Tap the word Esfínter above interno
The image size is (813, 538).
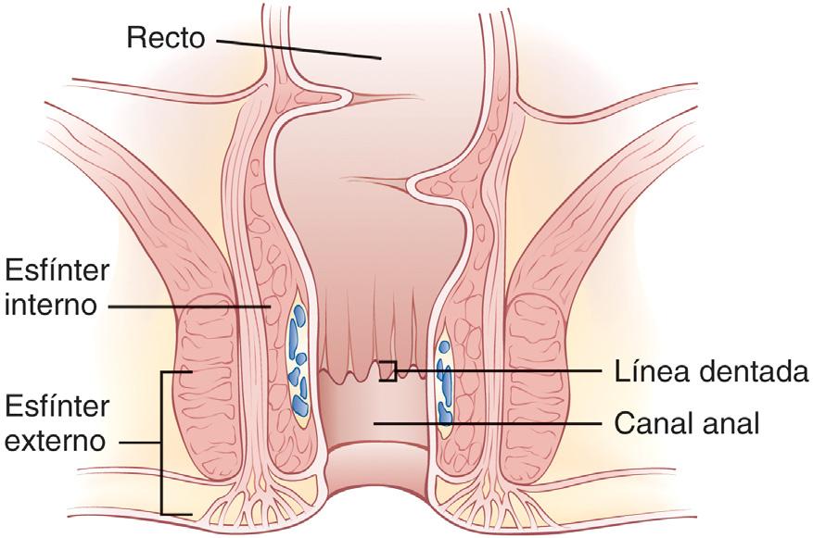[57, 270]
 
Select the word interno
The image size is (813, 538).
[51, 305]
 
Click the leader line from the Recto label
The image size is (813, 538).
[297, 48]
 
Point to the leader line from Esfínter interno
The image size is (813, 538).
[185, 305]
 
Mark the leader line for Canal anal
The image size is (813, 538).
[491, 423]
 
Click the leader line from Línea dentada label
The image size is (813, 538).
[501, 371]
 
